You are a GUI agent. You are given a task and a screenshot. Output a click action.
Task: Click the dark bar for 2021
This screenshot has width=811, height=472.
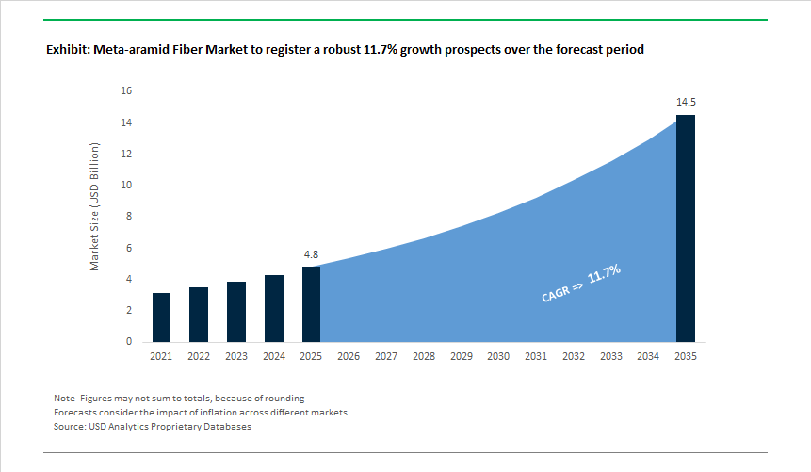tap(161, 317)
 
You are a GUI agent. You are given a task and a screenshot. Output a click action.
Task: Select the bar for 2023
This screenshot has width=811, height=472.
tap(236, 312)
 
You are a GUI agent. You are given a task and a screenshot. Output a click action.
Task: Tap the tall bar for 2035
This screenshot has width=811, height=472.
tap(686, 228)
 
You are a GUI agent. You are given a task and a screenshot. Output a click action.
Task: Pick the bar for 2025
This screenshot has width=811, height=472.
tap(311, 304)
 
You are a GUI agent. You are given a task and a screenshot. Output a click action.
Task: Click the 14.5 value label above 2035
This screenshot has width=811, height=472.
tap(686, 101)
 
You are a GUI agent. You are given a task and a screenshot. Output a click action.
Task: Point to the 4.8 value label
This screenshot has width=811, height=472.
tap(311, 254)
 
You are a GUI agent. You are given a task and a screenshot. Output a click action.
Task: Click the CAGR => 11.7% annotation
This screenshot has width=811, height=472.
tap(580, 284)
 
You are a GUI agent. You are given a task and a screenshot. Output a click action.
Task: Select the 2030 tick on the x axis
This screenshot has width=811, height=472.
tap(498, 356)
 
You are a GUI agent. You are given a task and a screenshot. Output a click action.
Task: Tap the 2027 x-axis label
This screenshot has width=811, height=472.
tap(386, 356)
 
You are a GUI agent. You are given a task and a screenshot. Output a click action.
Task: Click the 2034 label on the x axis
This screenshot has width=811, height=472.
tap(648, 356)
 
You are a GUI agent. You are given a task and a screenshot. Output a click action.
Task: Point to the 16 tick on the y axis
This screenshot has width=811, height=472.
tap(126, 91)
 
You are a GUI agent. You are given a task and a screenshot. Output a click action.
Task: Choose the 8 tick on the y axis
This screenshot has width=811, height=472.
tap(129, 217)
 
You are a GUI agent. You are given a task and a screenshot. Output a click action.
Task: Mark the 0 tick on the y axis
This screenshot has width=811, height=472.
tap(129, 342)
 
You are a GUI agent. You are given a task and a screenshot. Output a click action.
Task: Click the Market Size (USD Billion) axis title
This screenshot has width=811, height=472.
tap(94, 207)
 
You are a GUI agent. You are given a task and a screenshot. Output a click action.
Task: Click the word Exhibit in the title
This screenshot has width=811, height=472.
tap(68, 49)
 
